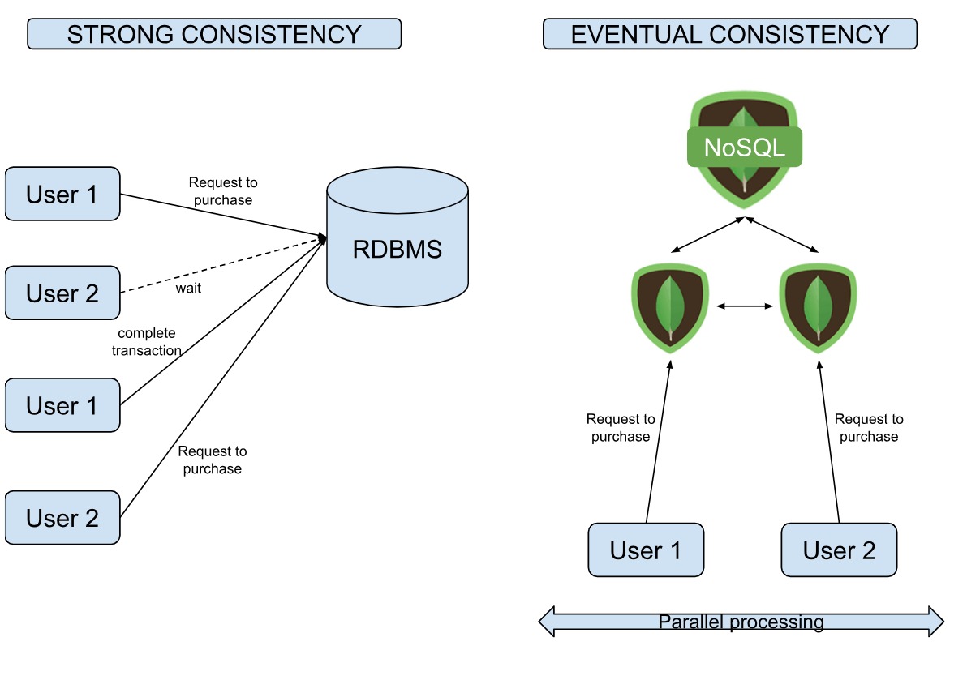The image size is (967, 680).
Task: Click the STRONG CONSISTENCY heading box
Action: pos(214,34)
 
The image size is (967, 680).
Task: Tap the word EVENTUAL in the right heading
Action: pos(634,34)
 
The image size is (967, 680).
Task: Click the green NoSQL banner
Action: pos(744,148)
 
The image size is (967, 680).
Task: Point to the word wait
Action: pos(188,289)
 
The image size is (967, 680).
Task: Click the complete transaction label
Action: pos(146,342)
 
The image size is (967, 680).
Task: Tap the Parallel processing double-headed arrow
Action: pos(741,622)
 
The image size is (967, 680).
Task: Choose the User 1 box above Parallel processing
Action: pos(646,550)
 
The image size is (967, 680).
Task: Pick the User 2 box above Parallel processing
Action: pos(839,550)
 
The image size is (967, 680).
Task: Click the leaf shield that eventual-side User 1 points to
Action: pos(670,307)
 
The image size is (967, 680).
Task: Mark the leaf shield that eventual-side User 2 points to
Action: pos(818,307)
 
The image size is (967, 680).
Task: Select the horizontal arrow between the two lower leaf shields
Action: pos(745,306)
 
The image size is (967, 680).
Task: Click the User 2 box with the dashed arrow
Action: pos(62,293)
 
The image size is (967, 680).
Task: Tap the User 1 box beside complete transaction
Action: pos(62,404)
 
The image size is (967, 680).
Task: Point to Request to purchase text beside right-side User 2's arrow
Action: pos(868,428)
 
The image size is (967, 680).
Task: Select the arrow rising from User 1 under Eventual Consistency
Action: pos(658,442)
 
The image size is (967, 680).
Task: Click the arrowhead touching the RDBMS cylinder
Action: pos(321,238)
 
